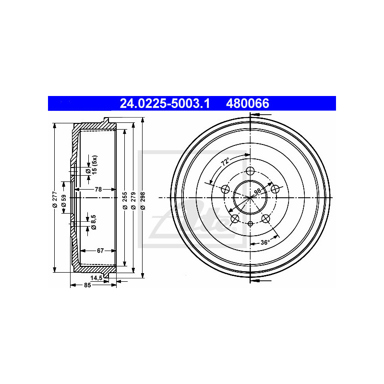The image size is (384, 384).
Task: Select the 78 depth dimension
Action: pos(98,190)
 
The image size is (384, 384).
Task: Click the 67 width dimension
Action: pos(100,251)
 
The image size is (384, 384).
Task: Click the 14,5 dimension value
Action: pos(96,278)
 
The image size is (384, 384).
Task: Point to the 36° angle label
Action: pos(264,243)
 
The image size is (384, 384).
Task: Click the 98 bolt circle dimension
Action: pos(257,192)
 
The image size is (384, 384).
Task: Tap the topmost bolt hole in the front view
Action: pos(250,172)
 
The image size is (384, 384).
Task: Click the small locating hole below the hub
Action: pos(250,224)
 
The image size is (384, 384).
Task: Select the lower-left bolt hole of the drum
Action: pos(235,219)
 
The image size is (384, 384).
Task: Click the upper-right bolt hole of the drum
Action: pos(275,189)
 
